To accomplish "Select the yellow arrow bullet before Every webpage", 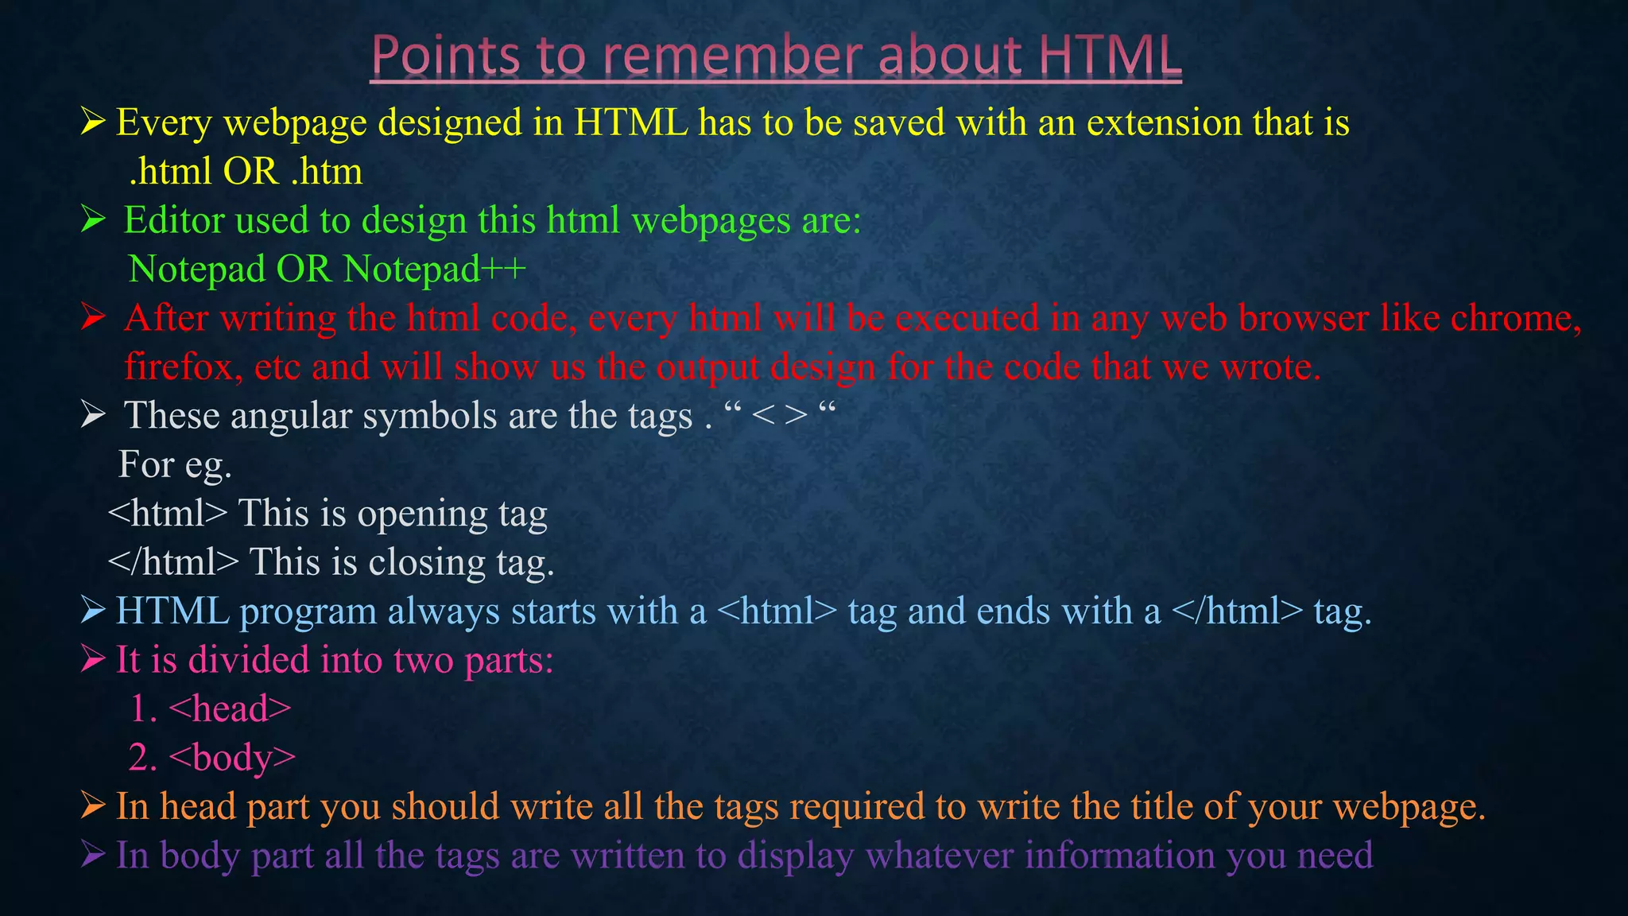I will click(x=92, y=122).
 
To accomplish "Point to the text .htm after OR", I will click(x=327, y=171).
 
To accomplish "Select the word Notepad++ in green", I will click(x=435, y=269).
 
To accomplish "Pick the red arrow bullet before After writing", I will click(x=92, y=317).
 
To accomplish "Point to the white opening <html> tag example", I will click(x=168, y=514).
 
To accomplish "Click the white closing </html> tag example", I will click(x=173, y=562).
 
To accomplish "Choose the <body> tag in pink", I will click(x=232, y=758).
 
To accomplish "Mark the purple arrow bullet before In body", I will click(x=92, y=855).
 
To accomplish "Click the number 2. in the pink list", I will click(x=143, y=758).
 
